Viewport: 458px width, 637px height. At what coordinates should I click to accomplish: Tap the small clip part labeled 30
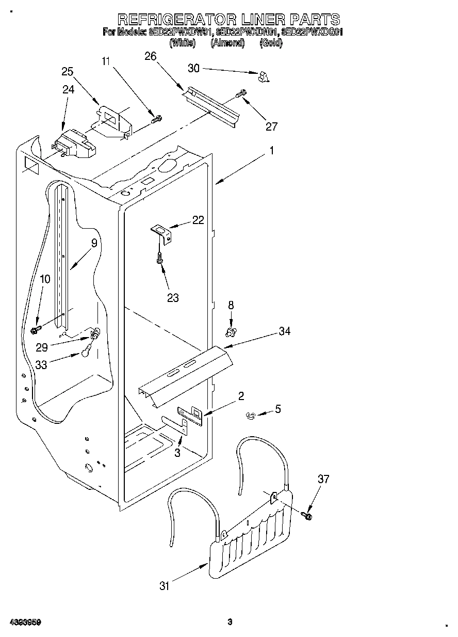point(264,77)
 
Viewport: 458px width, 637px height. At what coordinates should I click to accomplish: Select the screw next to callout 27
point(240,94)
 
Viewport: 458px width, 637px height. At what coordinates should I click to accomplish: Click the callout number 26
point(150,57)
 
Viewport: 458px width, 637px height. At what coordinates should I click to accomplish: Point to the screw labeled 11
point(156,119)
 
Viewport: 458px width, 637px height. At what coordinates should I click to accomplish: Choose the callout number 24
point(69,89)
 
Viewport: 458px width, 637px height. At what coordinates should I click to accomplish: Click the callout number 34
point(284,331)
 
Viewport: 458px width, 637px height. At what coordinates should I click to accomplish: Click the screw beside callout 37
point(308,514)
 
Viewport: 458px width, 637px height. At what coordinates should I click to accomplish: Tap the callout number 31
point(165,585)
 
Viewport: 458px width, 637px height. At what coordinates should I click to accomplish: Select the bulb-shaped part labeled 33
point(87,353)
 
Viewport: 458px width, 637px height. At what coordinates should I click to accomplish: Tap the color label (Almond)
point(227,43)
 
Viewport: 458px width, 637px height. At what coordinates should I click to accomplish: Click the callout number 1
point(271,152)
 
